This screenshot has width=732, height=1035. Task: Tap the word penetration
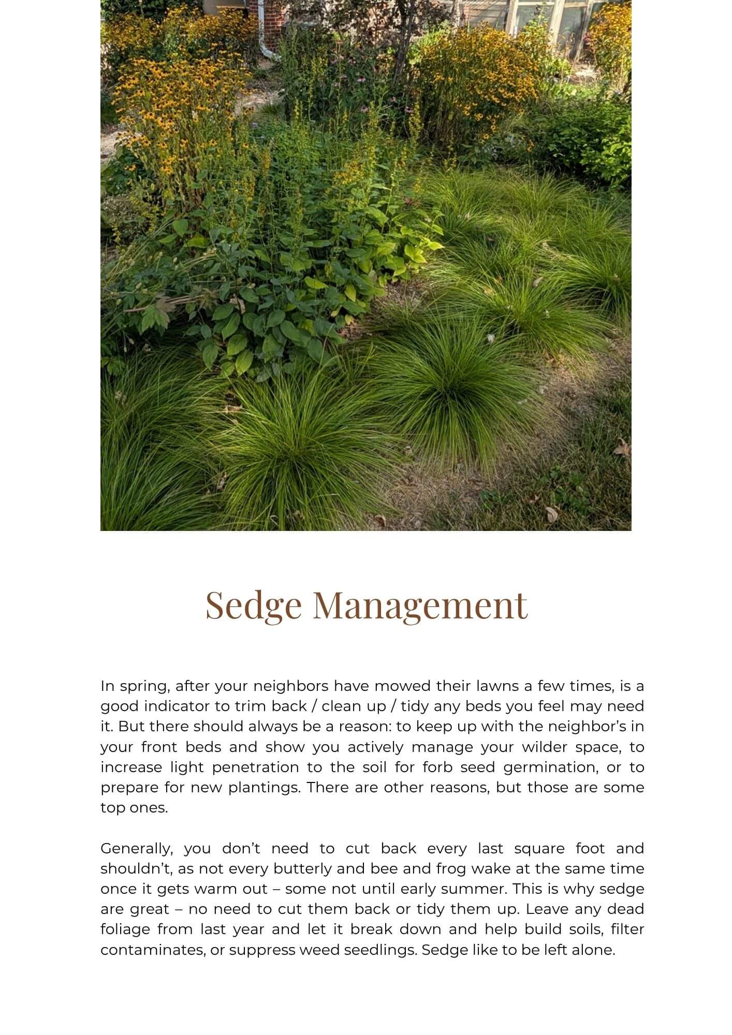(255, 767)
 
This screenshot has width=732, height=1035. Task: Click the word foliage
(123, 929)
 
